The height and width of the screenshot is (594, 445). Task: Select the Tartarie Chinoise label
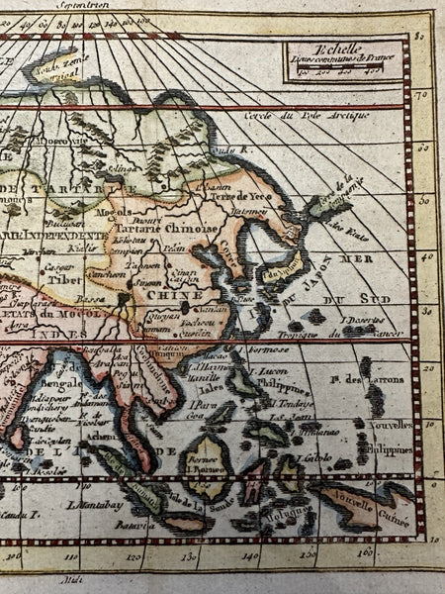(x=172, y=226)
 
